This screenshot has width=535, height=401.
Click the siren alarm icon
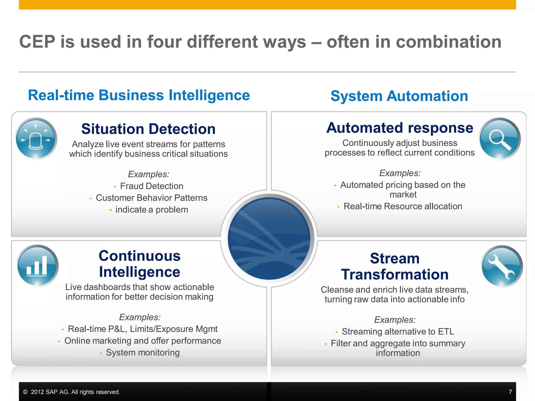point(36,139)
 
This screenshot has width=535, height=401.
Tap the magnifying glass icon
point(499,139)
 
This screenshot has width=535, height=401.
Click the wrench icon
point(502,266)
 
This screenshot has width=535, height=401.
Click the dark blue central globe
point(269,238)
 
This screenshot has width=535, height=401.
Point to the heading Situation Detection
point(148,129)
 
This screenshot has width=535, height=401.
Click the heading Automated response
point(400,128)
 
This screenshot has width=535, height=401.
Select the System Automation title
point(399,96)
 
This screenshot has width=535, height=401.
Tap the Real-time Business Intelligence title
point(139,95)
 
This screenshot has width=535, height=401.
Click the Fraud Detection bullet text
point(152,186)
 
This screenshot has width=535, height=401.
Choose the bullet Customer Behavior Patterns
point(152,198)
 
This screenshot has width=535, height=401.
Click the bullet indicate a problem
point(152,210)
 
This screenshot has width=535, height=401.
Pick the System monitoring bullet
point(143,352)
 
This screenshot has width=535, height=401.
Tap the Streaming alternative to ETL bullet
point(398,332)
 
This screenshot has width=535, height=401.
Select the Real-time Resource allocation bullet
point(403,206)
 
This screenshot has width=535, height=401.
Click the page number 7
point(510,392)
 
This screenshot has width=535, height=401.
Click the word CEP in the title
point(37,42)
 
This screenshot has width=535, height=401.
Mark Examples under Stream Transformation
point(395,320)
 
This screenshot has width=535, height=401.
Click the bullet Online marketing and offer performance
point(143,341)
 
